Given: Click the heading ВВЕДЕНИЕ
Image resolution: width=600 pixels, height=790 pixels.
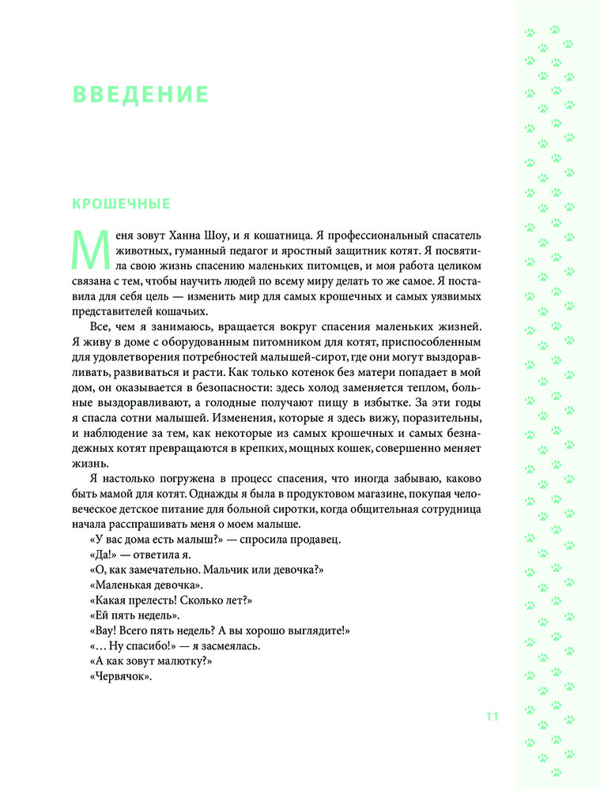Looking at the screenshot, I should [140, 95].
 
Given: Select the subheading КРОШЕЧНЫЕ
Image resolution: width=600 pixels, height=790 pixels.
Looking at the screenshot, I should [120, 205].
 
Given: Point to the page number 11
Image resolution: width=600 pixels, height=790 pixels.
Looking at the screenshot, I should [492, 717].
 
